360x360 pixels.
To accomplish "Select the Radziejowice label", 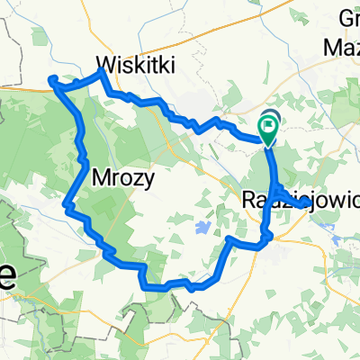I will pos(301,199).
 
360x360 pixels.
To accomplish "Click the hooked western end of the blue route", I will pos(51,81).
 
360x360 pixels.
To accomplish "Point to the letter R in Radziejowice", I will pos(249,199).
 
